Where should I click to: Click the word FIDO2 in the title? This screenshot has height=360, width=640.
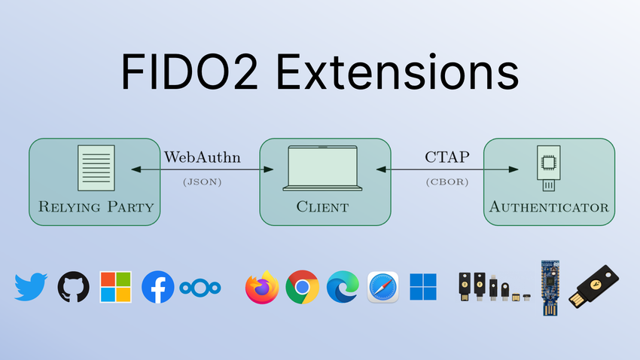190,72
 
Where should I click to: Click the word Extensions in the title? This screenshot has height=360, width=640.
398,72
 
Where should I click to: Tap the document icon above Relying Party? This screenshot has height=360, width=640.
96,168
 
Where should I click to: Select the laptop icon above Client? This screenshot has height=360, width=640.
322,168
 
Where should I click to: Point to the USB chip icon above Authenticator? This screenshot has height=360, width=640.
549,168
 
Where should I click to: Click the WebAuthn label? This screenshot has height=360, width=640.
203,157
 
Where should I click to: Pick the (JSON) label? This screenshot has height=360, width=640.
203,182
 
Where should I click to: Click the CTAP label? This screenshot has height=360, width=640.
447,157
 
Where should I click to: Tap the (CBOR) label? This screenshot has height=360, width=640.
447,182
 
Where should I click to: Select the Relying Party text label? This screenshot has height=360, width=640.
96,207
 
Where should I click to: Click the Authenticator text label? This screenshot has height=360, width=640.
549,207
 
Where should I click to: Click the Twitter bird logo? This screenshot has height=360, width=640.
31,287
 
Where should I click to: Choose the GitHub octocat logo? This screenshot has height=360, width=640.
74,287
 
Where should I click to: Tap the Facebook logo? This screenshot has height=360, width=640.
158,287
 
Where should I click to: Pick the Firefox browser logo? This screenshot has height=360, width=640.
262,287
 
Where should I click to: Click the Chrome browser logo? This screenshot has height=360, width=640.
303,287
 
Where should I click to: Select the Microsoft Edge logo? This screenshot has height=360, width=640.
343,287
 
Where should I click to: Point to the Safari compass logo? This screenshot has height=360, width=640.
382,287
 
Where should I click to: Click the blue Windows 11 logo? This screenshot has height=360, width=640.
423,287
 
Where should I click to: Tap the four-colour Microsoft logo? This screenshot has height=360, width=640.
115,287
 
